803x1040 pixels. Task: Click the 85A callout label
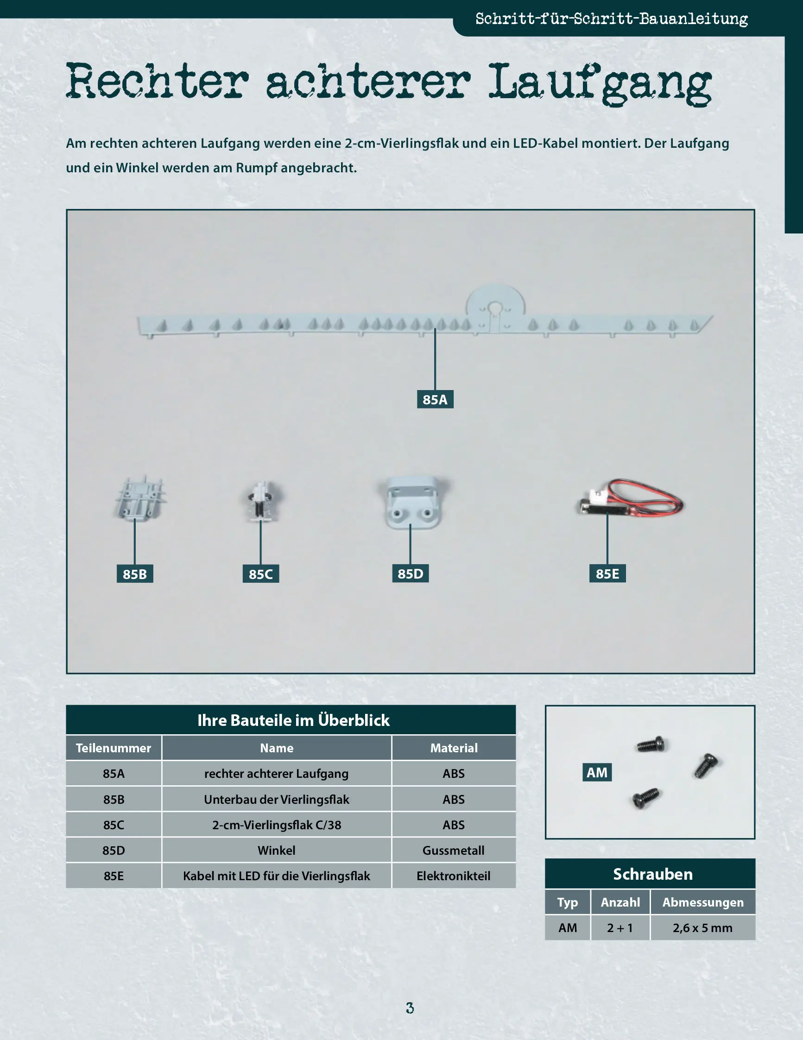[435, 399]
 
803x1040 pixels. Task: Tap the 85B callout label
[135, 574]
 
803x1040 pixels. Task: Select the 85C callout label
[260, 574]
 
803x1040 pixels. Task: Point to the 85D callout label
[410, 574]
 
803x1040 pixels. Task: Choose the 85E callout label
[607, 574]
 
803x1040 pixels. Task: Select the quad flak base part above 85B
[139, 498]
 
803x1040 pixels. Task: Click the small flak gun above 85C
[261, 501]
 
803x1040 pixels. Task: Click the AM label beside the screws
[597, 772]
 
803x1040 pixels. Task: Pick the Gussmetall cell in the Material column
[454, 850]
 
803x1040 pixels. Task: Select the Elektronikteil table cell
[454, 876]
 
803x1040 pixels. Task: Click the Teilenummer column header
[114, 748]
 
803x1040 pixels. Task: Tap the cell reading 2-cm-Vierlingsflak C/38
[277, 825]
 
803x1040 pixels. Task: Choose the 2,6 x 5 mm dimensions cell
[702, 927]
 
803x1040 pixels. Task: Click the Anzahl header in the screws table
[620, 902]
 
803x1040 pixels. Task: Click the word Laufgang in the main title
[600, 83]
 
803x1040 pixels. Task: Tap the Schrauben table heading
[652, 874]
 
